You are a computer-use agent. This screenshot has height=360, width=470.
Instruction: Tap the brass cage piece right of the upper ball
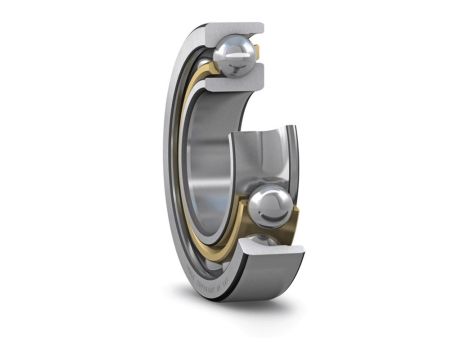point(258,60)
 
